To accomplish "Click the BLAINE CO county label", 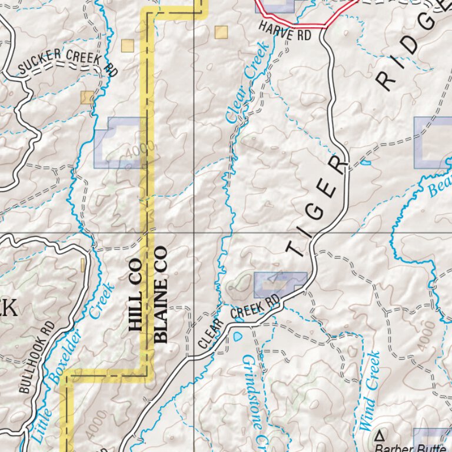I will click(160, 294).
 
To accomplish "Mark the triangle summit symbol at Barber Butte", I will click(380, 436).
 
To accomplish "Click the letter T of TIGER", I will click(295, 250).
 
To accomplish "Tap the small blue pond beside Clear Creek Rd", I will click(238, 337).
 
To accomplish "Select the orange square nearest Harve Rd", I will click(221, 32).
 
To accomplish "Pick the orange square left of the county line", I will click(128, 45).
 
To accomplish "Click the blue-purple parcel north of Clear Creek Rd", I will click(280, 284).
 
